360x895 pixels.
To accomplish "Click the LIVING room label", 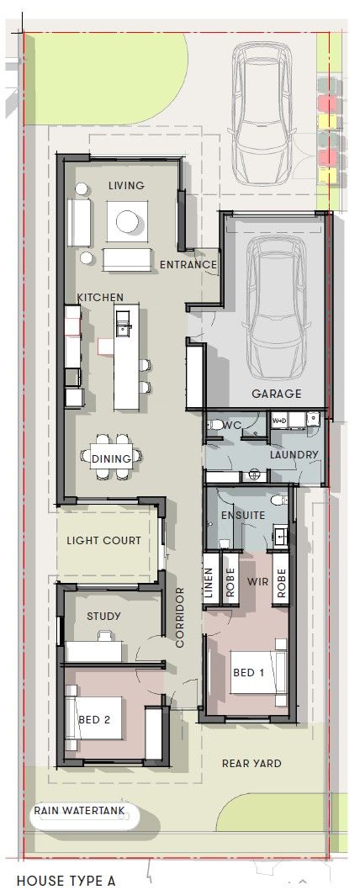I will (126, 185).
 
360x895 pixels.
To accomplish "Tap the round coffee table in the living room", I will (127, 222).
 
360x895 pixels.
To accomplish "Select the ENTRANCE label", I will (188, 265).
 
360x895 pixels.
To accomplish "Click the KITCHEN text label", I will (100, 297).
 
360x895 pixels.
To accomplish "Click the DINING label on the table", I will (112, 458).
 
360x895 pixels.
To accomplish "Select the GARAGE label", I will (276, 394).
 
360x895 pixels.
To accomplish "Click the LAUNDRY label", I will (294, 455).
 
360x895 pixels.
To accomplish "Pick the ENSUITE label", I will (243, 515).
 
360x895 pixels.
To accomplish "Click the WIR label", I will (257, 580).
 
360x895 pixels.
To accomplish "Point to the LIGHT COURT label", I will (104, 540).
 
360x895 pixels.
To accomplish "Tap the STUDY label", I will (103, 616).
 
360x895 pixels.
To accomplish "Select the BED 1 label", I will (249, 671).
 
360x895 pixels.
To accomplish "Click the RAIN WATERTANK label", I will (79, 811).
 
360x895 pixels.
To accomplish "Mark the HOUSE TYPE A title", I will (66, 881).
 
